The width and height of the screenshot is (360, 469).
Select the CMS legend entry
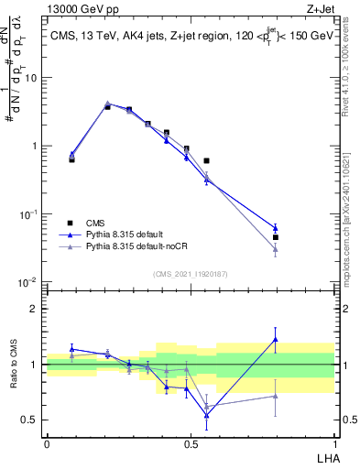pos(94,223)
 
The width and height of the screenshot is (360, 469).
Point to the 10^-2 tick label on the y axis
pos(27,282)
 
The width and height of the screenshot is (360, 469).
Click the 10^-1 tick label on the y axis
pos(27,214)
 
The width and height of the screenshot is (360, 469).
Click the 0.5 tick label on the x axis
pos(191,443)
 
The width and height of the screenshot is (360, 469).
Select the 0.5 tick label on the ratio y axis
pos(32,420)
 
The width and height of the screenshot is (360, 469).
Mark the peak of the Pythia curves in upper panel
pos(108,104)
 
